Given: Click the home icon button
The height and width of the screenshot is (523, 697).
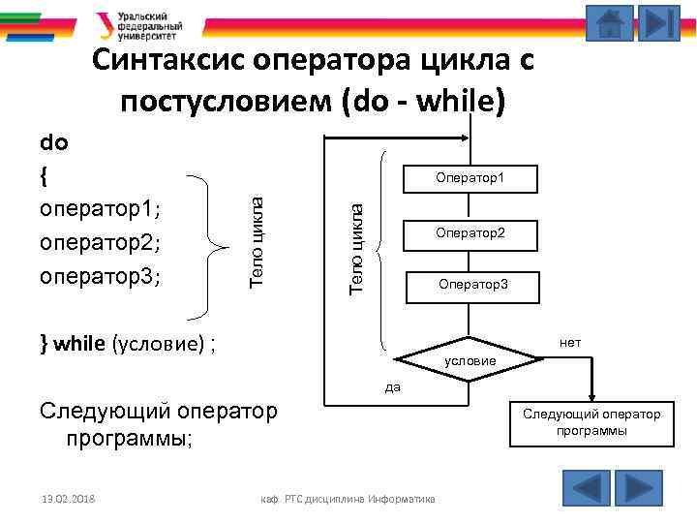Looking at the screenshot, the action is coord(610,23).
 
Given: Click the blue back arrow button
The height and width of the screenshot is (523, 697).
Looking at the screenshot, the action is coord(586,487).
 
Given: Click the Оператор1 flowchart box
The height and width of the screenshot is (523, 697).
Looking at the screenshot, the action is coord(470,177).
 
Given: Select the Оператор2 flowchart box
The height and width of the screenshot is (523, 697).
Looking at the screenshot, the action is coord(470,232).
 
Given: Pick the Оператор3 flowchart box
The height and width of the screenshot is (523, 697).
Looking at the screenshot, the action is coord(471,285).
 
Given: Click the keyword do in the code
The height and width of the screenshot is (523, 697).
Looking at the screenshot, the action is coord(53,143).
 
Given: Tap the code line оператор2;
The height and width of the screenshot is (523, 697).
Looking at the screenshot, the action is coord(101,242).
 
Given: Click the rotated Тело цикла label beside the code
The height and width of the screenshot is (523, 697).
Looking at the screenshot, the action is coord(257,238).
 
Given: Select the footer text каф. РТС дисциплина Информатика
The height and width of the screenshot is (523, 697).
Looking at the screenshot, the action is coord(348,499).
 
